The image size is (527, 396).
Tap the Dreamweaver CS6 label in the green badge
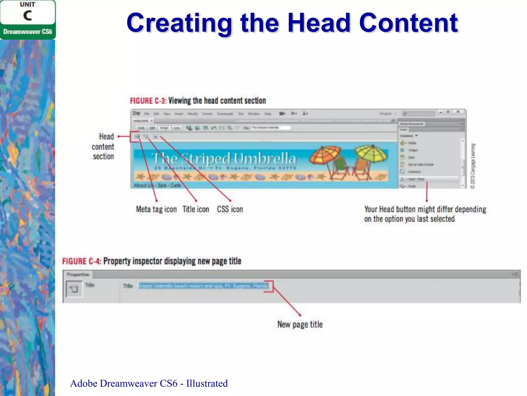[28, 32]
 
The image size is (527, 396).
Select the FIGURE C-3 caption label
[148, 101]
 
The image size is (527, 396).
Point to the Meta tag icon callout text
[156, 209]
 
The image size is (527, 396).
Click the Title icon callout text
[196, 209]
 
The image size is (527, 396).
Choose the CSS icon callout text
[230, 209]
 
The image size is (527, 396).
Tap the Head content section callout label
[103, 146]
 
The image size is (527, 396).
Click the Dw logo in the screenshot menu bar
[136, 113]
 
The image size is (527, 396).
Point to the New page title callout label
[300, 324]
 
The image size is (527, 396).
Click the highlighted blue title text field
[203, 286]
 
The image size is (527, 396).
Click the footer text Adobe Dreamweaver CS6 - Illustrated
[149, 383]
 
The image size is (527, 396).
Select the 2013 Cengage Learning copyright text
[473, 166]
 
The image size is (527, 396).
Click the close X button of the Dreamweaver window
[458, 112]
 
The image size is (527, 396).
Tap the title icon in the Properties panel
[74, 289]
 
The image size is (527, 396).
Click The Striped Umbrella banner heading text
[223, 158]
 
